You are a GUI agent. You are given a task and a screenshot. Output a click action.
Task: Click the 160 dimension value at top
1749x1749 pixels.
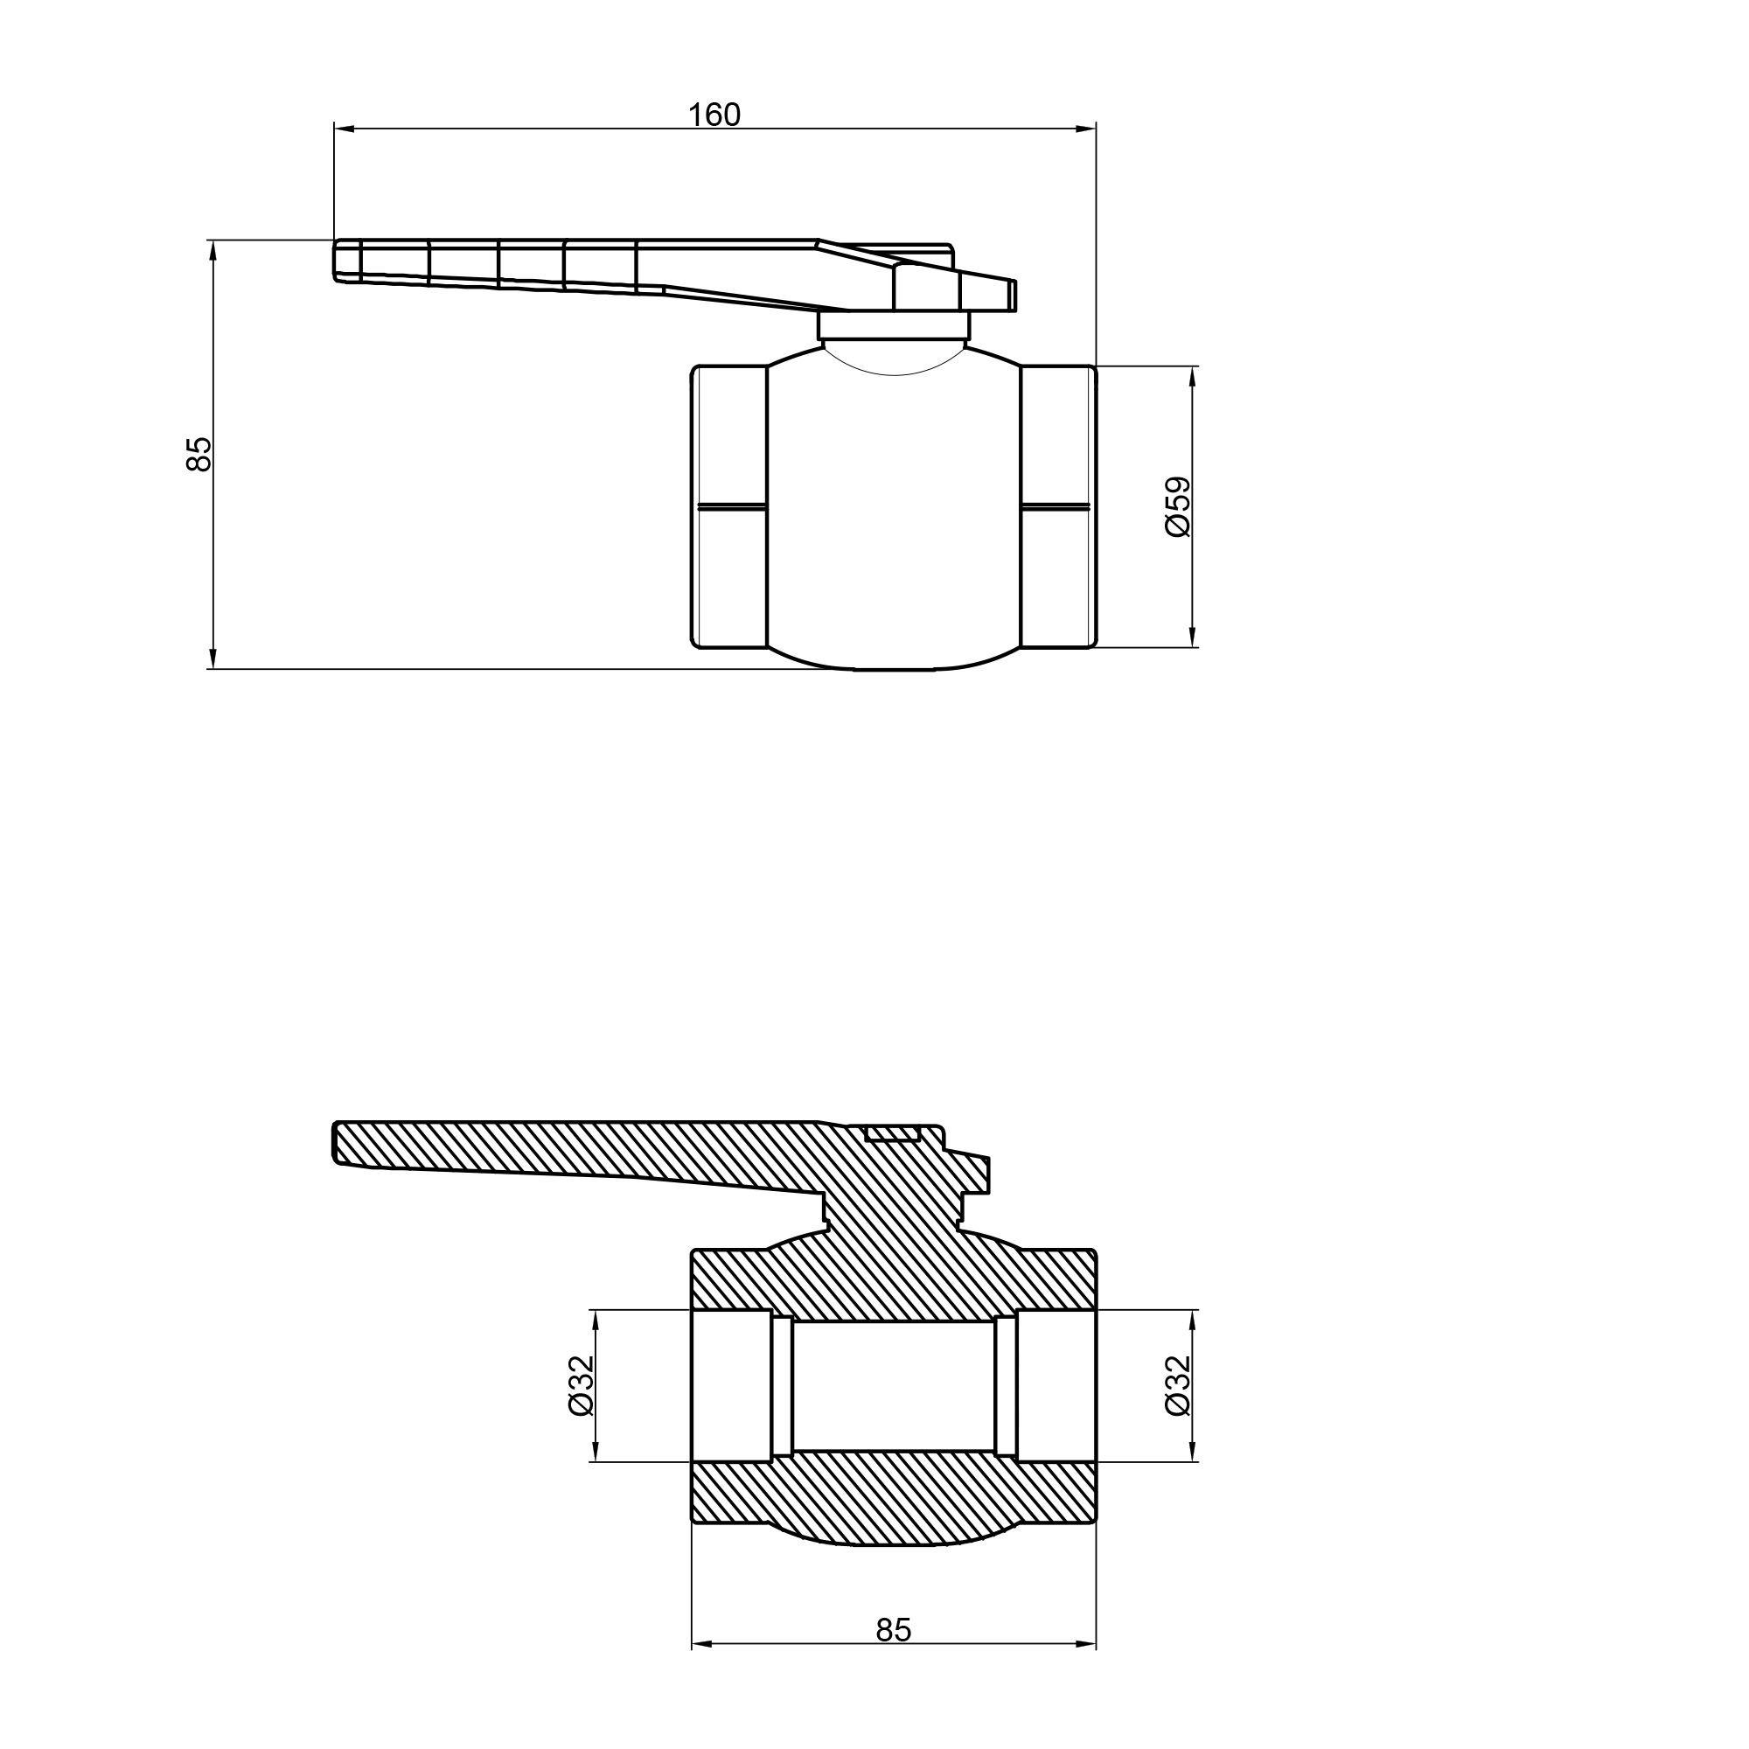(714, 115)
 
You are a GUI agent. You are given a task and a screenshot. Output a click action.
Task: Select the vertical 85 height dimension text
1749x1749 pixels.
(199, 454)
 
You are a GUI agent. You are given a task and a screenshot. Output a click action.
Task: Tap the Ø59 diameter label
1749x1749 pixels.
(1179, 507)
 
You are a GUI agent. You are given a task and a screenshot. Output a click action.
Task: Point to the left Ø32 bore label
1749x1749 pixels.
(580, 1385)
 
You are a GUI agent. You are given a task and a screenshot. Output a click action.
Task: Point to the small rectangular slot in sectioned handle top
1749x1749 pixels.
(893, 1133)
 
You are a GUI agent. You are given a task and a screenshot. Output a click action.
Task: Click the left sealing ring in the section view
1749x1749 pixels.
(782, 1385)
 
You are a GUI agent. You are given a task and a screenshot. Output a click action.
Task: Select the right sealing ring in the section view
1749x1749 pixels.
(1005, 1385)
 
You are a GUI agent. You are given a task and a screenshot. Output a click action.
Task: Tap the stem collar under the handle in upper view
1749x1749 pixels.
(894, 326)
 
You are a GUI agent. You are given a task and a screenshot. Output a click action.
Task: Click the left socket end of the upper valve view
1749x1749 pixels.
(729, 507)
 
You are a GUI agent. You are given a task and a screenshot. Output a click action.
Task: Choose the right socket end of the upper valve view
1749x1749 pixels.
(1058, 507)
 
